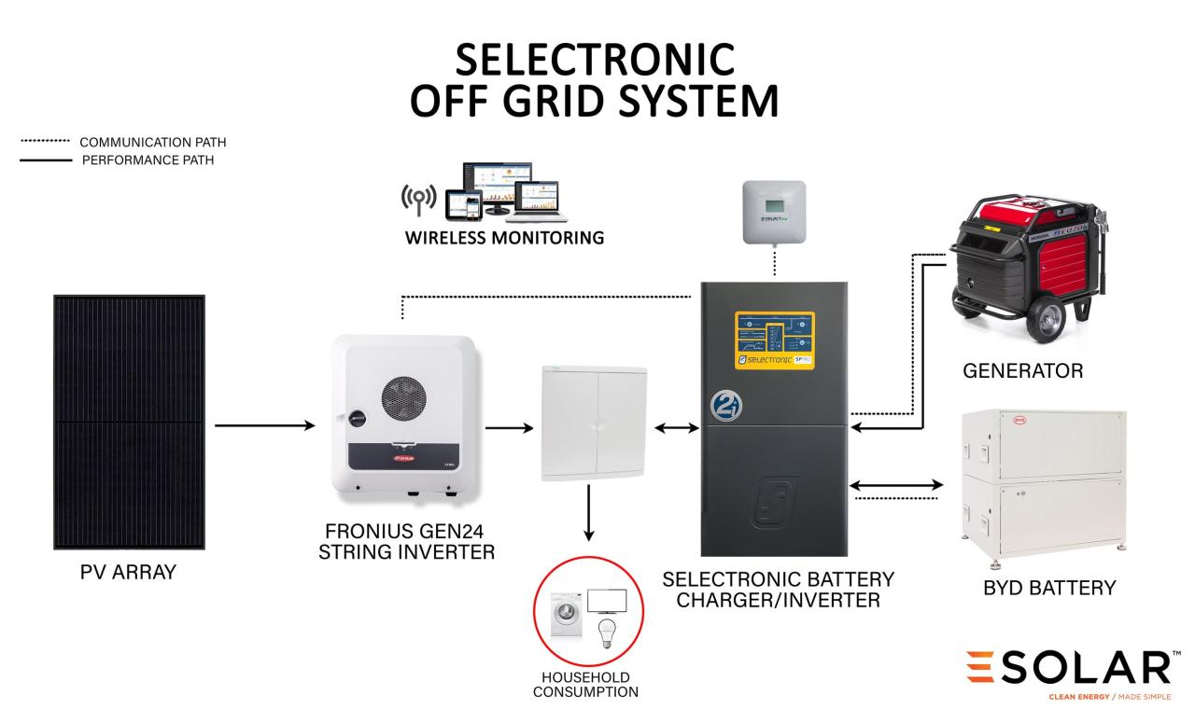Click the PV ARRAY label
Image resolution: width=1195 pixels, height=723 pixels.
click(x=128, y=572)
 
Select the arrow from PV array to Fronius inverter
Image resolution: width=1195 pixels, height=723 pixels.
click(x=264, y=426)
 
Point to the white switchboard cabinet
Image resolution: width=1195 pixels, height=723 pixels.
click(x=592, y=425)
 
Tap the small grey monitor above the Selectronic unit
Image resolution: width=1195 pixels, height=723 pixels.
click(x=774, y=214)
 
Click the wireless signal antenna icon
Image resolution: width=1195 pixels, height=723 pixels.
click(x=418, y=199)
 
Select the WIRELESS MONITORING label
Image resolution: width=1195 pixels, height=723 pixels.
click(x=504, y=238)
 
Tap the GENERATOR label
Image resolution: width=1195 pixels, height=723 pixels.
click(x=1022, y=371)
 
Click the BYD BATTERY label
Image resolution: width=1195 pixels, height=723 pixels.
click(x=1049, y=588)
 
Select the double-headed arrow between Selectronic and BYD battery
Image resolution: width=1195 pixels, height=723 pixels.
click(x=897, y=484)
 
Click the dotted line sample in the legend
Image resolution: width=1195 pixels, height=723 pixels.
click(x=45, y=142)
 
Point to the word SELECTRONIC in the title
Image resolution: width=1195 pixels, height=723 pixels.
click(x=594, y=59)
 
